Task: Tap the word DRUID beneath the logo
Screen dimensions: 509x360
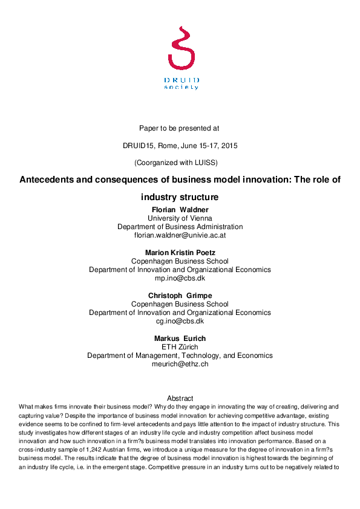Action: pos(182,80)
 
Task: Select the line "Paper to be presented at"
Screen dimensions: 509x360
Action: pos(179,128)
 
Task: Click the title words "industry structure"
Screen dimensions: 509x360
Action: pos(179,197)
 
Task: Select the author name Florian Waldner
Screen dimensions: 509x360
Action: pos(180,210)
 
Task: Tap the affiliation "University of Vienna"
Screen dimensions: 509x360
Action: pos(180,218)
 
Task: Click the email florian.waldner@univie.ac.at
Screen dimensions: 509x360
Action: pos(180,235)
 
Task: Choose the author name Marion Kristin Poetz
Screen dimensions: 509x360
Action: pos(180,253)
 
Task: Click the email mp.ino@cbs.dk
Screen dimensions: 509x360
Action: pos(180,278)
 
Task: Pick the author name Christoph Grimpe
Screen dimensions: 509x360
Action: pos(180,296)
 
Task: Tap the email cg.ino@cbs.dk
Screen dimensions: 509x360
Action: pos(180,321)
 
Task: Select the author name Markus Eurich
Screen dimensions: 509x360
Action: pos(180,339)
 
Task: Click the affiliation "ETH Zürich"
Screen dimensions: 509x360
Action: pos(180,347)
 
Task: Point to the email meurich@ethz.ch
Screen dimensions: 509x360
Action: pos(180,364)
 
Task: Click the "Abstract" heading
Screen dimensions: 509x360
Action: pos(180,398)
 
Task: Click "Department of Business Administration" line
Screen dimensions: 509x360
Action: pos(180,227)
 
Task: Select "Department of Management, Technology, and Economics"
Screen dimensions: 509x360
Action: pos(180,355)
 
